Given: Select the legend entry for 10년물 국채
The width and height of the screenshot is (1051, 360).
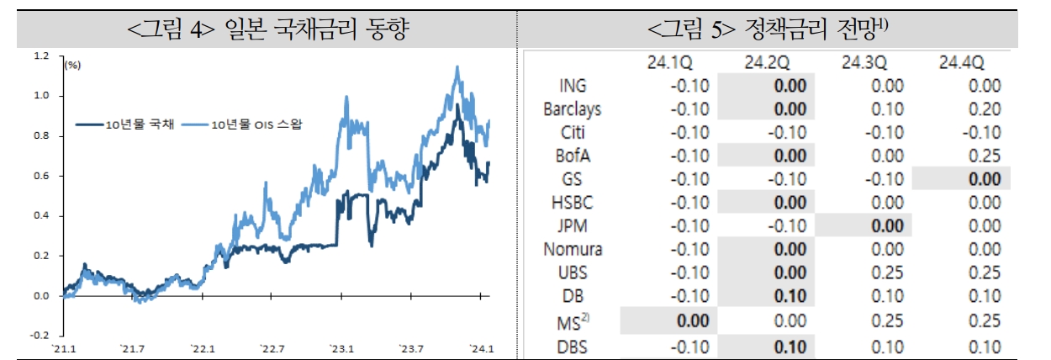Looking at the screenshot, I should pyautogui.click(x=126, y=124).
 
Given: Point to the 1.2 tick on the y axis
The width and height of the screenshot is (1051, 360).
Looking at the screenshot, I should pyautogui.click(x=41, y=56).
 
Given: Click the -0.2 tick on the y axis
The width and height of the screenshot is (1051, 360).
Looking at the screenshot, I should pyautogui.click(x=40, y=335).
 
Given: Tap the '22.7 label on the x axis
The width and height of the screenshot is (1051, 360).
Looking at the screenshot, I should pyautogui.click(x=272, y=349).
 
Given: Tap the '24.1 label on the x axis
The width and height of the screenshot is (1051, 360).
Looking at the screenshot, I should pyautogui.click(x=480, y=349).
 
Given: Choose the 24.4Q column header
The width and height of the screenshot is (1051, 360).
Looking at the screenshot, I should pyautogui.click(x=961, y=62).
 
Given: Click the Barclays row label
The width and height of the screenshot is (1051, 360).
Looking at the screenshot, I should pyautogui.click(x=572, y=109).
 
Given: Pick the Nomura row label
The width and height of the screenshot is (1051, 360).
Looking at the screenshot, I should pyautogui.click(x=573, y=250).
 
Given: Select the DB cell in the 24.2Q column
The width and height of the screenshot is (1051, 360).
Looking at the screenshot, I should pyautogui.click(x=788, y=296).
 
